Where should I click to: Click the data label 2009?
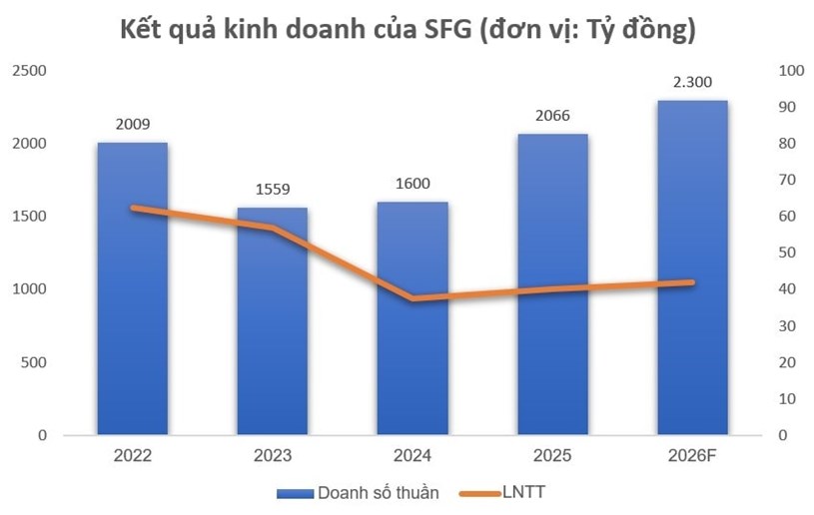(132, 125)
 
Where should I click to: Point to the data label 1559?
(272, 190)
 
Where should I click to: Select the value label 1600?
(412, 184)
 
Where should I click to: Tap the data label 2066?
(552, 116)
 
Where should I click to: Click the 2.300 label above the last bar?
(692, 82)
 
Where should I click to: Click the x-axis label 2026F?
(692, 456)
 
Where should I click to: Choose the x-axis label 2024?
(412, 456)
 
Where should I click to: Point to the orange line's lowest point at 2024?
(412, 298)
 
